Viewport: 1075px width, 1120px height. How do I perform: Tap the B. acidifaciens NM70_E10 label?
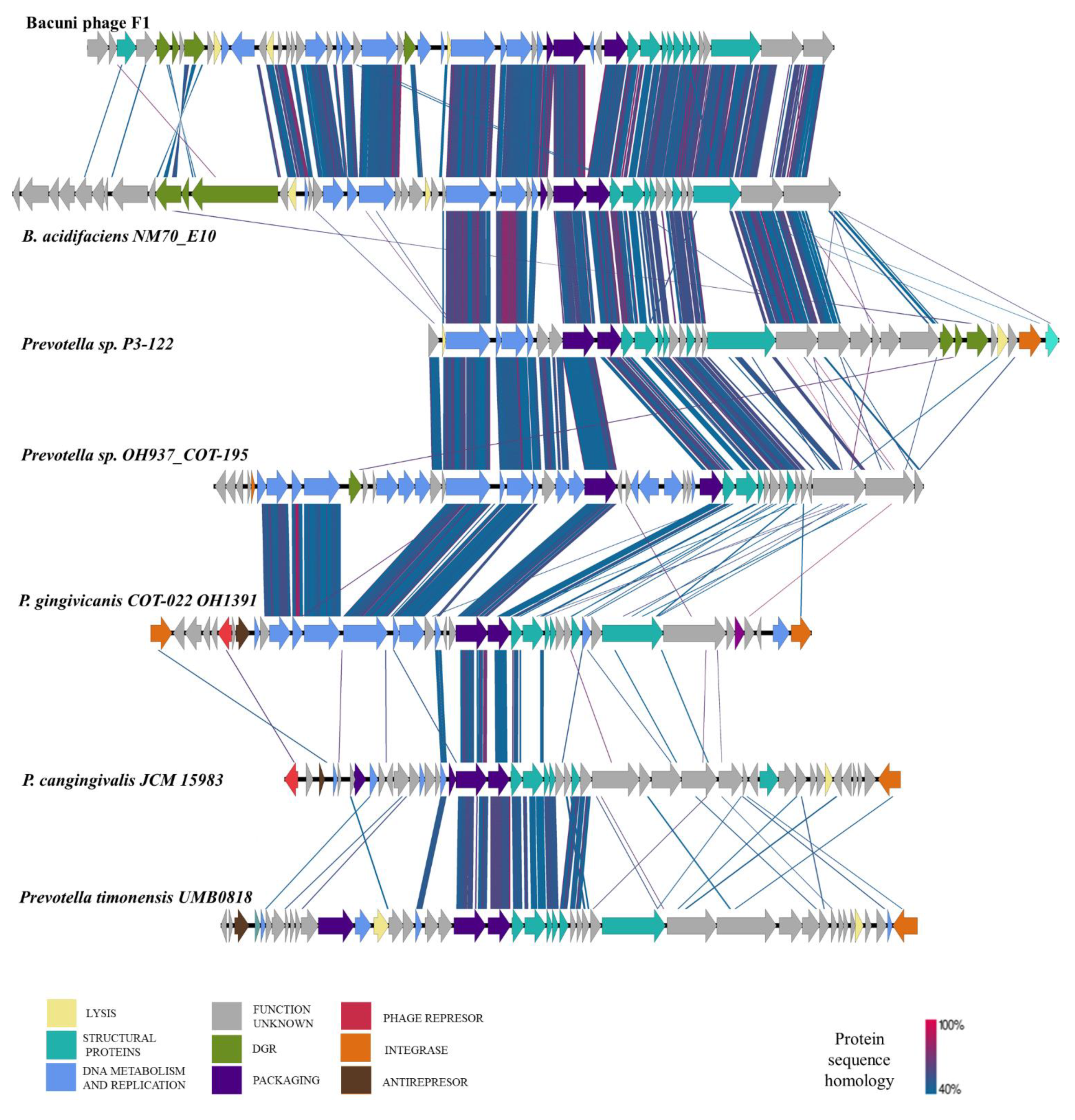(x=119, y=236)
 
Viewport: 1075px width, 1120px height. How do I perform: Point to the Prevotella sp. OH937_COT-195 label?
(x=135, y=455)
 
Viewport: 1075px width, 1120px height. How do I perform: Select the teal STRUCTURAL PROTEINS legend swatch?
(x=61, y=1045)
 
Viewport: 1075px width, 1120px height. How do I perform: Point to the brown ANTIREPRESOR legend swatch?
(x=355, y=1080)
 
